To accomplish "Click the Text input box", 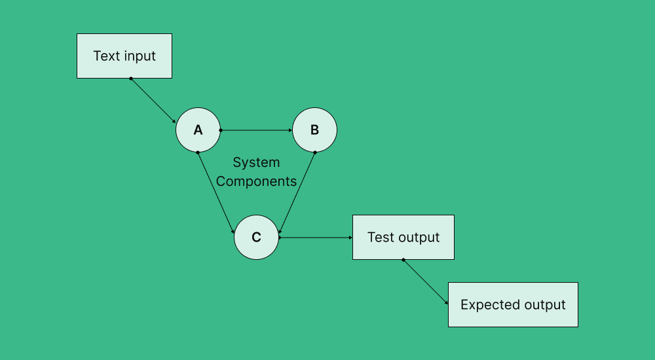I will pos(124,56).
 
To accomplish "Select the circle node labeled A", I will pos(198,130).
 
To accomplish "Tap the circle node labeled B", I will pos(314,130).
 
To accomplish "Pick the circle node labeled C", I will pos(256,238).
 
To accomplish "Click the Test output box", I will pos(403,237).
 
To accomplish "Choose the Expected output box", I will pos(513,305).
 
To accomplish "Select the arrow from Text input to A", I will pos(153,101).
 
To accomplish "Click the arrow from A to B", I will pos(256,130).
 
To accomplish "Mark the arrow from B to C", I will pos(297,193).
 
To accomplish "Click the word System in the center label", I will pos(256,162).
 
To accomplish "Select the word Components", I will pos(256,181).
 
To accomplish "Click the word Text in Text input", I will pos(107,56).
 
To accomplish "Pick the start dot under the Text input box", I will pos(131,79).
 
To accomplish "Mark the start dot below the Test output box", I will pos(403,260).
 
